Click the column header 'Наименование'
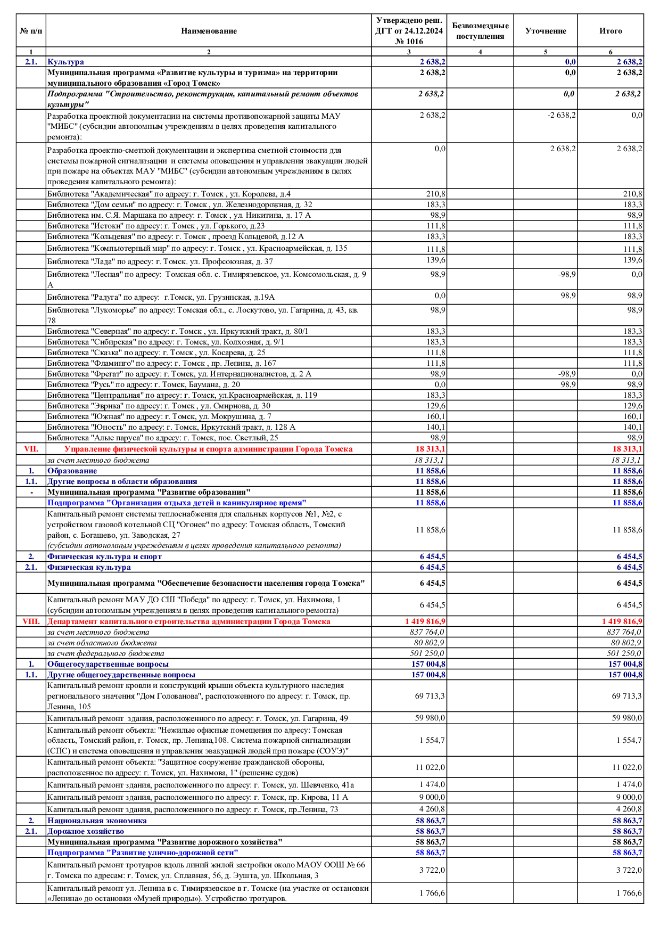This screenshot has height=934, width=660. coord(209,31)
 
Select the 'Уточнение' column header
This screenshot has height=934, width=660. coord(546,31)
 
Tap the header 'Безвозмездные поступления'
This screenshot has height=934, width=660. coord(480,31)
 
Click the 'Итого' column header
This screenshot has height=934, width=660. coord(610,31)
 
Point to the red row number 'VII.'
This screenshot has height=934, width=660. coord(31,449)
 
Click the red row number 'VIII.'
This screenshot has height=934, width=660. coord(31,621)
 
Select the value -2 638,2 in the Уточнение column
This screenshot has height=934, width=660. coord(562,115)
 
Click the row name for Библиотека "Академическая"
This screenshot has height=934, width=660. coord(169,194)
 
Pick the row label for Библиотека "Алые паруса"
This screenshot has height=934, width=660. coord(162,438)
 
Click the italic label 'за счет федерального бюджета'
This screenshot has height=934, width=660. coord(98,653)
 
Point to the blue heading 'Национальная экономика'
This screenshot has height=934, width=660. coord(97,821)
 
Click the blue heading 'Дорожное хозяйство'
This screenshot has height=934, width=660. coord(86,831)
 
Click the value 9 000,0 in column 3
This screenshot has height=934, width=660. coord(432,797)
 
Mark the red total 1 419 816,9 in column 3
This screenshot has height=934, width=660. coord(425,621)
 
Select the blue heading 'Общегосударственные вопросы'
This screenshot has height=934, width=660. coord(108,664)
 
